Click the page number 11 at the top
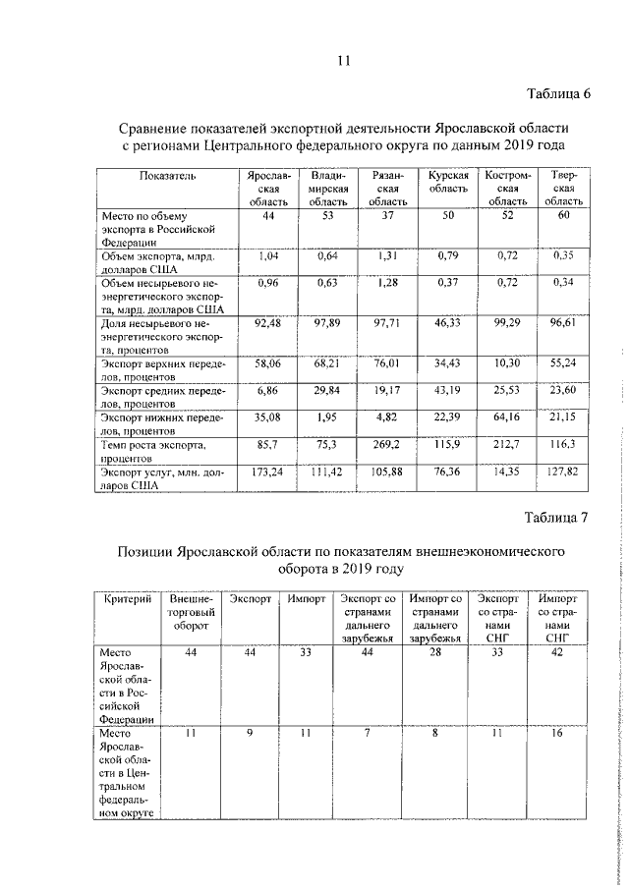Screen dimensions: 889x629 click(x=344, y=61)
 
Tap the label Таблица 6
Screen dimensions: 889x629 click(x=557, y=94)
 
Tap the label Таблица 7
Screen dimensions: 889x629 click(x=557, y=518)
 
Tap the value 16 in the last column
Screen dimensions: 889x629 click(x=557, y=733)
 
